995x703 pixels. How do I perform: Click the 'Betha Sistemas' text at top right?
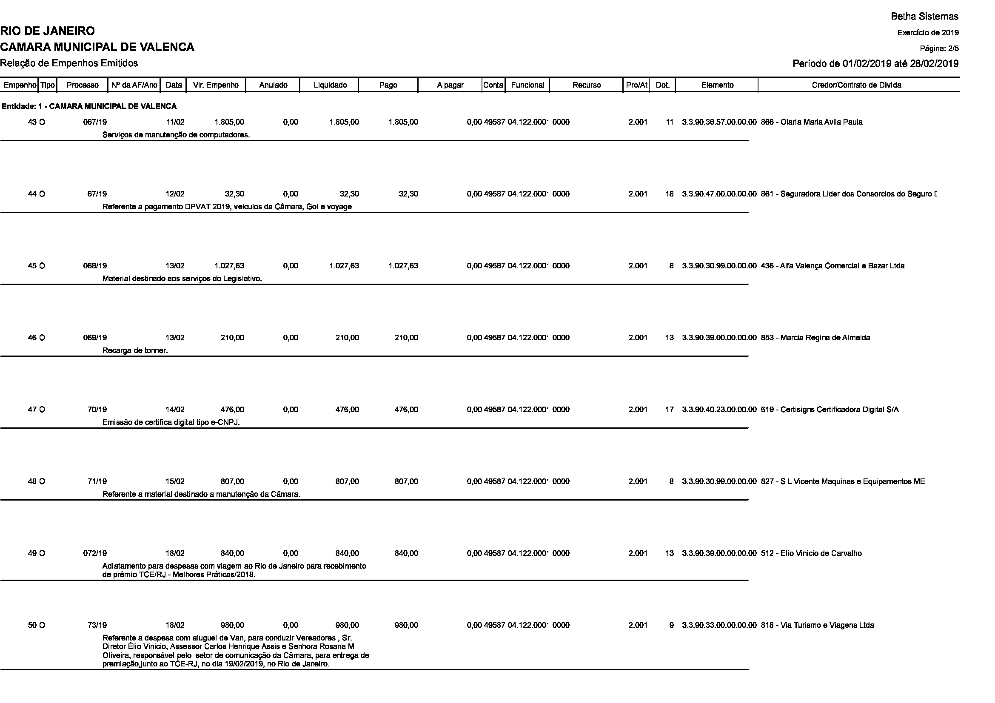point(924,17)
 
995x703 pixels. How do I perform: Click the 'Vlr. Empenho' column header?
point(216,85)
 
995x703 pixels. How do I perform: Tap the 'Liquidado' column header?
point(330,85)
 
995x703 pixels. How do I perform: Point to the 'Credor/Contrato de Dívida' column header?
point(856,85)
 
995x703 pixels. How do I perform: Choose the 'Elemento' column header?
point(717,85)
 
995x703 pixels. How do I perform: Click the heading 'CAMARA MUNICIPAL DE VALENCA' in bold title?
point(97,47)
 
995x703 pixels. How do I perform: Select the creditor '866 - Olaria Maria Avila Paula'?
point(811,122)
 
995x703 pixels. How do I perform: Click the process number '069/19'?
point(95,338)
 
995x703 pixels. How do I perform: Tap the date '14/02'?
point(175,410)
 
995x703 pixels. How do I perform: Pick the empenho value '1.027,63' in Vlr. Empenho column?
point(229,266)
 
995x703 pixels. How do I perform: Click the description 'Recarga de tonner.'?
point(135,350)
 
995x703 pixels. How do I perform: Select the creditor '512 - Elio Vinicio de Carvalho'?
point(811,554)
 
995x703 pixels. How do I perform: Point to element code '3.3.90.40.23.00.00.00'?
point(719,410)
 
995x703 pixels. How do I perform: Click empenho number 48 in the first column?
point(32,482)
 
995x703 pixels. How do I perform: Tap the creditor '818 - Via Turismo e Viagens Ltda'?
point(817,626)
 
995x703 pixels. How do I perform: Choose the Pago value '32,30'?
point(408,194)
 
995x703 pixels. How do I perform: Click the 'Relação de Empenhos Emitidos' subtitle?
point(69,63)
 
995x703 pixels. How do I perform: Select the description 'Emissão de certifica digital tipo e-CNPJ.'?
point(171,422)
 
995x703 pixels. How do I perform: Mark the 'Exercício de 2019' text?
point(928,33)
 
